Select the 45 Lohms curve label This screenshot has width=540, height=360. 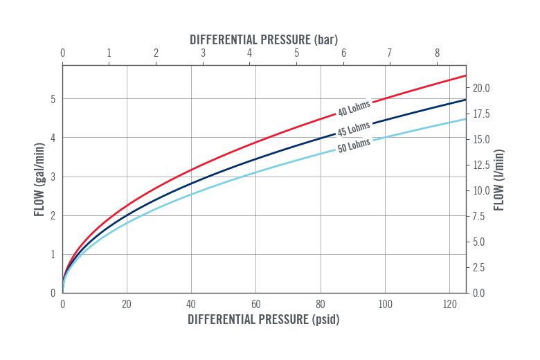[354, 129]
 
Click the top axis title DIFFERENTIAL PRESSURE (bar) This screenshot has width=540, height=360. [264, 39]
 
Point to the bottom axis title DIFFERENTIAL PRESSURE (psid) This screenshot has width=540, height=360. [264, 320]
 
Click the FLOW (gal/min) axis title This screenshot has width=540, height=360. [39, 179]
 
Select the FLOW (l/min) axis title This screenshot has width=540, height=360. [498, 179]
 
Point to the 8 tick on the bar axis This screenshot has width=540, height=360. [436, 53]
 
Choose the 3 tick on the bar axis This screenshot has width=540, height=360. [203, 53]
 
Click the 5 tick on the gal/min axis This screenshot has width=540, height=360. [53, 99]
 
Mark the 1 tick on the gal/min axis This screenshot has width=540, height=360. [53, 254]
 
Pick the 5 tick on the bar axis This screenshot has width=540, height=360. [296, 53]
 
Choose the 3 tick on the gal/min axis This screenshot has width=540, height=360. [53, 177]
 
